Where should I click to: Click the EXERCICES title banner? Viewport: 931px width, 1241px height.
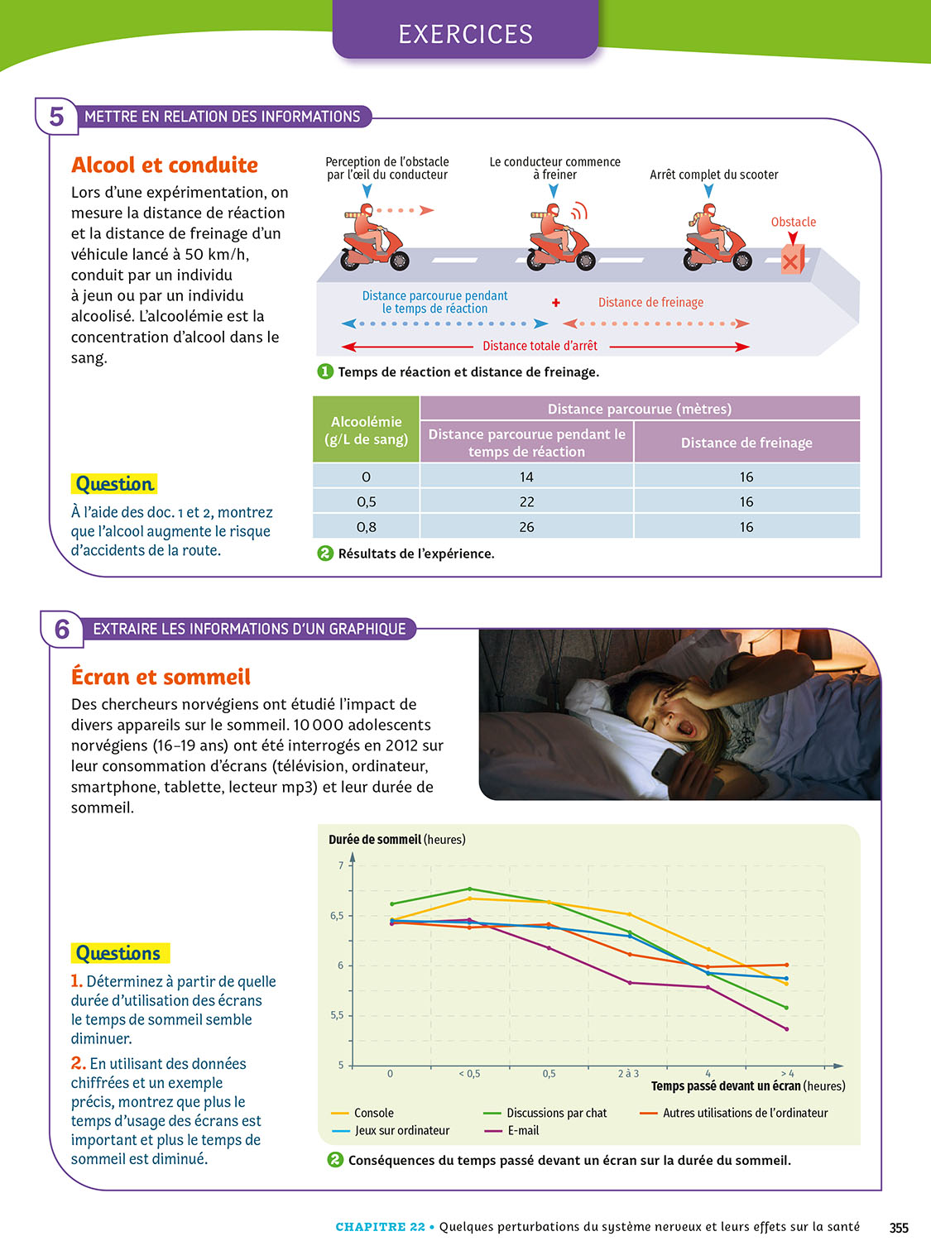(x=465, y=33)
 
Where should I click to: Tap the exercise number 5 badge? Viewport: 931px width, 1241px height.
(x=56, y=117)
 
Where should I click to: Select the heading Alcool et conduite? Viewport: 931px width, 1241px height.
(x=165, y=165)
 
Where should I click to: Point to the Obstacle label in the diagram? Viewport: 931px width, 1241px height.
(x=793, y=222)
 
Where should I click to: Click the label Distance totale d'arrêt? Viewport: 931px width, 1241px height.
(x=540, y=346)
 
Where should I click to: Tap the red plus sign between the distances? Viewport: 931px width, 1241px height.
(x=556, y=303)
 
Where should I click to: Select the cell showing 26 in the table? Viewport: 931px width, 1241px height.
(x=526, y=527)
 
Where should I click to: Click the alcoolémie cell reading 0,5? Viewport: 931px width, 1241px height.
(x=366, y=501)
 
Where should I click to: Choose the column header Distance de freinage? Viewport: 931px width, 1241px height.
(x=746, y=443)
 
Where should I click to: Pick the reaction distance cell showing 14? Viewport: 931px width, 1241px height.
(x=526, y=477)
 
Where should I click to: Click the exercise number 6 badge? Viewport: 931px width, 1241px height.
(x=62, y=630)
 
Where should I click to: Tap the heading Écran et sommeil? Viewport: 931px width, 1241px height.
(x=161, y=677)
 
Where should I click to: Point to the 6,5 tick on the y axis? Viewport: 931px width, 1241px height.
(x=337, y=916)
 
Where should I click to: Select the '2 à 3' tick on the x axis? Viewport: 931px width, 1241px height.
(x=628, y=1074)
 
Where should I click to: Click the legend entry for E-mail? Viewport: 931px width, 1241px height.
(x=523, y=1131)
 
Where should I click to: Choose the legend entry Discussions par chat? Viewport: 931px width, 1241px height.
(x=556, y=1114)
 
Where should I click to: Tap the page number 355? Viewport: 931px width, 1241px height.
(x=899, y=1228)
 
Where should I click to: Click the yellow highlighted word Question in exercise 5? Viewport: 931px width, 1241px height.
(x=114, y=484)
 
